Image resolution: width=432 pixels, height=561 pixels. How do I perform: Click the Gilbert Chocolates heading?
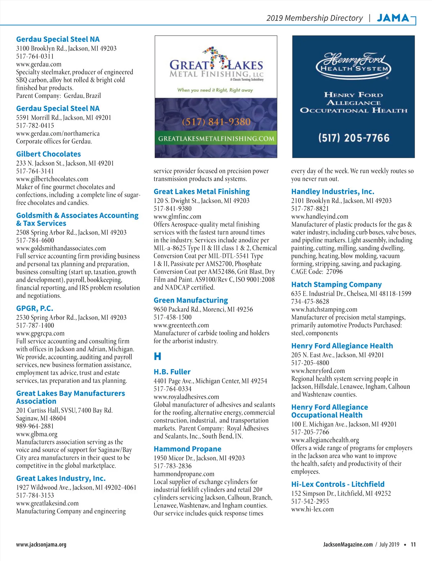pos(48,154)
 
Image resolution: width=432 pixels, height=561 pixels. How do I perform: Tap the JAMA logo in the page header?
pos(393,18)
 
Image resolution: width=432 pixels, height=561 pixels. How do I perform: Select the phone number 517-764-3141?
pos(35,171)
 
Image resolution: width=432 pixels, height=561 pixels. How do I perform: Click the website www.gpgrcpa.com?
pos(40,333)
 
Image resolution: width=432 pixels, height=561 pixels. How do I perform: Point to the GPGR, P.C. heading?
pos(35,308)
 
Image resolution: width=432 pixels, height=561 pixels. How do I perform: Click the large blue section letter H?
pos(157,356)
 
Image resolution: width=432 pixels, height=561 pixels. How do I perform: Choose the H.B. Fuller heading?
pos(172,372)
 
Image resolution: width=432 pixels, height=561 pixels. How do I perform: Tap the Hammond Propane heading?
pos(187,449)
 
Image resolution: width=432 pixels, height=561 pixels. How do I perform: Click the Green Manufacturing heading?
pos(190,300)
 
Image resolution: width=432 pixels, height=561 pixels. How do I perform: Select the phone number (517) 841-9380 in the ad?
pos(216,122)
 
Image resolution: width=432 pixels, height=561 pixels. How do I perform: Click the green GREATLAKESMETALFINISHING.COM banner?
pos(216,139)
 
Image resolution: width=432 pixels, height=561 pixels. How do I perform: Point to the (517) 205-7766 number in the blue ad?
pos(354,138)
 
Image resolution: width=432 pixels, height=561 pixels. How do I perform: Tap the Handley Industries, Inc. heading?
pos(332,192)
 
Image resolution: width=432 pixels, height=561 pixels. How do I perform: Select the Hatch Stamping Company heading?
pos(336,284)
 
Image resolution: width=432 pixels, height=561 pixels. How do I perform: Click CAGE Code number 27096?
pos(334,271)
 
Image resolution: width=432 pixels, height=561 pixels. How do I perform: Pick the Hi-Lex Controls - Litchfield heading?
pos(338,484)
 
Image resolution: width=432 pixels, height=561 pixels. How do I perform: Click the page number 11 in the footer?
pos(413,544)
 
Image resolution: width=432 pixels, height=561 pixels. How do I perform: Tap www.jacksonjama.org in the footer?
pos(41,544)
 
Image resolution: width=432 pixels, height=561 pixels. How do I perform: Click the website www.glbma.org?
pos(36,434)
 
